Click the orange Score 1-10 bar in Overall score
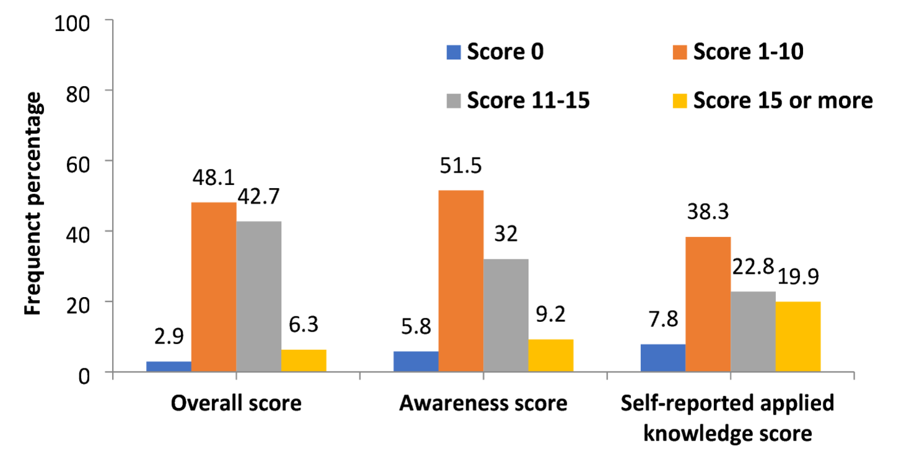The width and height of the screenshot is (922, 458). point(213,287)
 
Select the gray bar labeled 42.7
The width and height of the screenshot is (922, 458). point(258,296)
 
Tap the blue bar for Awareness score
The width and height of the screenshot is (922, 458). point(415,361)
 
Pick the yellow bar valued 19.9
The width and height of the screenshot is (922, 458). point(798,337)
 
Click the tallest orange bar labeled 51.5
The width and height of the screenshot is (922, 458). point(461,281)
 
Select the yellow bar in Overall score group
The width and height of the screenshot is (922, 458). point(303,361)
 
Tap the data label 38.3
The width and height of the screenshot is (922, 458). point(707,213)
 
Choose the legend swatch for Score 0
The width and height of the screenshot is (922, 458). point(453,52)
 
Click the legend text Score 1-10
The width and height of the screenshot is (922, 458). point(748,52)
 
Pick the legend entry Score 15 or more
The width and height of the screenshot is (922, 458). point(783,100)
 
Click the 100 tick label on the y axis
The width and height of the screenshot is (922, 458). point(73,23)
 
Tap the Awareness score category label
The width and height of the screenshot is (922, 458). point(483,404)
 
